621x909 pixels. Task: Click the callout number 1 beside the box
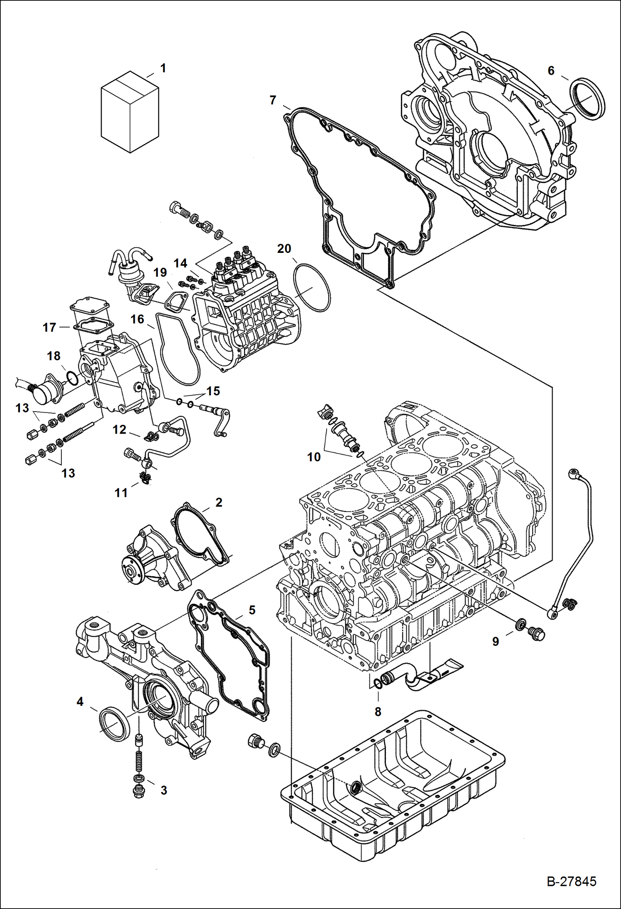163,68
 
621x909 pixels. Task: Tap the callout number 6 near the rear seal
551,71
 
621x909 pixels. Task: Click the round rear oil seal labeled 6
588,99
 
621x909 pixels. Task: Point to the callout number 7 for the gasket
272,100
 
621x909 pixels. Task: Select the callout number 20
284,249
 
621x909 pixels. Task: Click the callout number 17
49,327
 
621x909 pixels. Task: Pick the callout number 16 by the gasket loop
137,319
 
